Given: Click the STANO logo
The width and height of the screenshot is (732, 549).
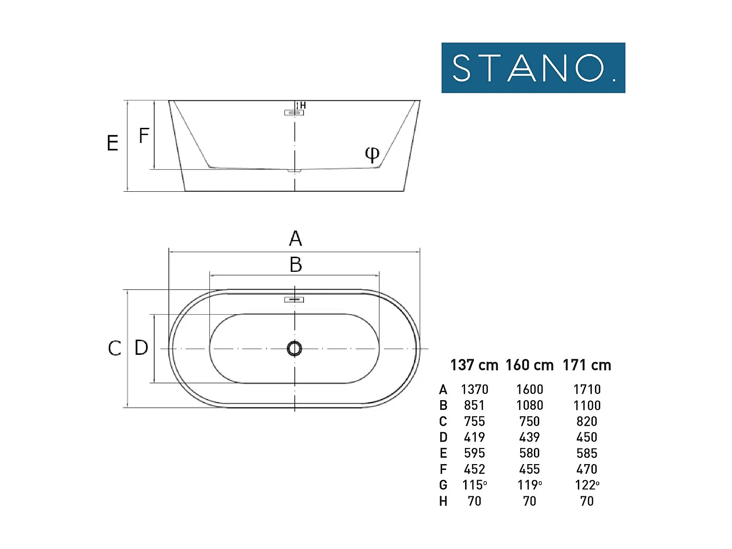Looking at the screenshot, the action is click(533, 68).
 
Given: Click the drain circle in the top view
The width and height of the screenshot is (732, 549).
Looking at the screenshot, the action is click(294, 348).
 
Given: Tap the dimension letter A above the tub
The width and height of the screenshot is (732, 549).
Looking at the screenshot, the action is click(295, 238).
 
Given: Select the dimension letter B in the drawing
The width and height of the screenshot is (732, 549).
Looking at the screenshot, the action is click(296, 264).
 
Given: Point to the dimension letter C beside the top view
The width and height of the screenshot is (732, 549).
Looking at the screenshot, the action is click(114, 348).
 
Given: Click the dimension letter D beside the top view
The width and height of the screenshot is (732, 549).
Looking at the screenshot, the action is click(141, 347).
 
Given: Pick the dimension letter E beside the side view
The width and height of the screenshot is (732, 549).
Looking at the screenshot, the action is click(112, 143).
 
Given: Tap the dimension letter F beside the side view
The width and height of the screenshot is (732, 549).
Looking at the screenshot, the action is click(144, 135).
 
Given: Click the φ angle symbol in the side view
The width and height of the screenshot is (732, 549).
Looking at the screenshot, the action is click(372, 154).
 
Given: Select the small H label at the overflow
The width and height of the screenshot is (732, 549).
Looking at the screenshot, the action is click(303, 105).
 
